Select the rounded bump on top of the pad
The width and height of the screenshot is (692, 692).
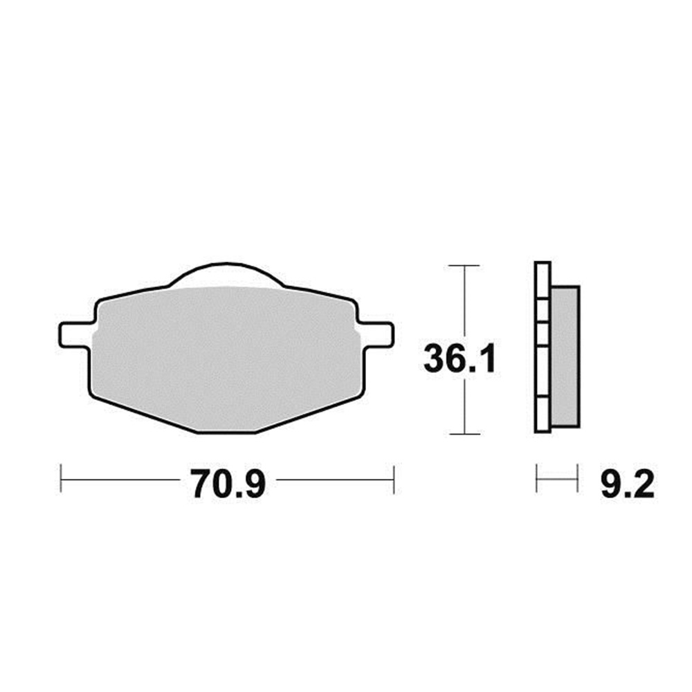click(x=226, y=275)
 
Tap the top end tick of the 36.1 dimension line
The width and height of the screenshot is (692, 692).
click(x=464, y=265)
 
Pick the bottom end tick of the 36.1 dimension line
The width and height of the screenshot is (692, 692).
click(x=464, y=434)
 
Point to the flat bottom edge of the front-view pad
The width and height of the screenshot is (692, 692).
click(x=226, y=432)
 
